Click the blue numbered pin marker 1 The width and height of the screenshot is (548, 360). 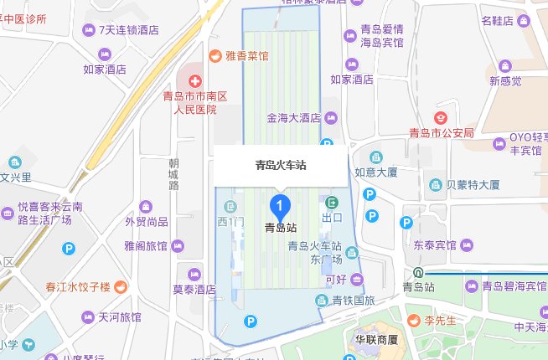[x=280, y=204]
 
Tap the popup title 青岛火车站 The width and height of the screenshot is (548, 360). [x=281, y=165]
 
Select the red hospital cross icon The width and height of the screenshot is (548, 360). [x=194, y=81]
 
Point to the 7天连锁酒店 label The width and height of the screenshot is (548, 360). [x=129, y=31]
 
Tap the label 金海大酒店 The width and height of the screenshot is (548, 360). [x=294, y=117]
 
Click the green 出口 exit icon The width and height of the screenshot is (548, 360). [x=333, y=202]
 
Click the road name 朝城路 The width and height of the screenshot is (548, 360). [x=173, y=173]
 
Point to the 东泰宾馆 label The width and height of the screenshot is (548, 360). [x=434, y=245]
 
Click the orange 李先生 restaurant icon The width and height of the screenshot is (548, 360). [x=414, y=320]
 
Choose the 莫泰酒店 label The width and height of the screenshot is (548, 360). [x=194, y=290]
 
